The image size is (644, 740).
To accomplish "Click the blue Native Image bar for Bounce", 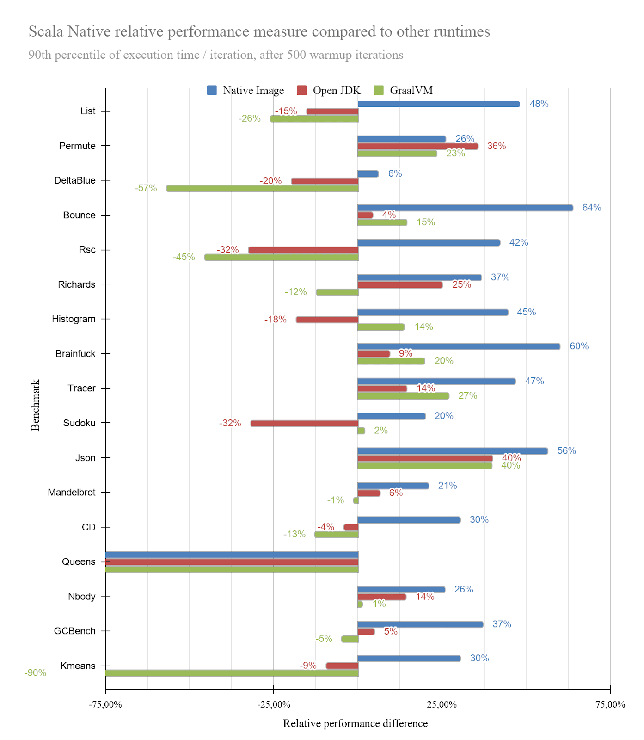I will click(x=465, y=208).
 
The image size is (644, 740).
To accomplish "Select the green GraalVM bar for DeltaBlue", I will click(x=262, y=188).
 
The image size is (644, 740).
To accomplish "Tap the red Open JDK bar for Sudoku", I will click(x=304, y=423).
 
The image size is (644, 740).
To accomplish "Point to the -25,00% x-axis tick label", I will click(x=273, y=704).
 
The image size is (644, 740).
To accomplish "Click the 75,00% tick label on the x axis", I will click(x=610, y=704).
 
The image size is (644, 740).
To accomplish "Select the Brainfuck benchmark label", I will click(x=75, y=354).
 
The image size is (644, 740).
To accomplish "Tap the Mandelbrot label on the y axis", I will click(x=72, y=493).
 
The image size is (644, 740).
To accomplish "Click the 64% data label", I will click(x=591, y=208).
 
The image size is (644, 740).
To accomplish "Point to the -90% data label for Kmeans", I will click(x=35, y=673).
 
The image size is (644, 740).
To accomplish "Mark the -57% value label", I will click(x=146, y=188).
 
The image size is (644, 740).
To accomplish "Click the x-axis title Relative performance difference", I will click(x=355, y=723).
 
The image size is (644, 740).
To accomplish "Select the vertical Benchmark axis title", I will click(x=36, y=405).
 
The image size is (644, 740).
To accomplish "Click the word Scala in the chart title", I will click(x=46, y=31).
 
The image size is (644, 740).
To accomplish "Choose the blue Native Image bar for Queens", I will click(x=231, y=555).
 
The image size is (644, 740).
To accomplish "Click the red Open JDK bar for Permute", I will click(x=417, y=146).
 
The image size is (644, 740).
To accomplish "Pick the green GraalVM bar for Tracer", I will click(x=403, y=396).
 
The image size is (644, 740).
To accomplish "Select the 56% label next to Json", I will click(x=566, y=451).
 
